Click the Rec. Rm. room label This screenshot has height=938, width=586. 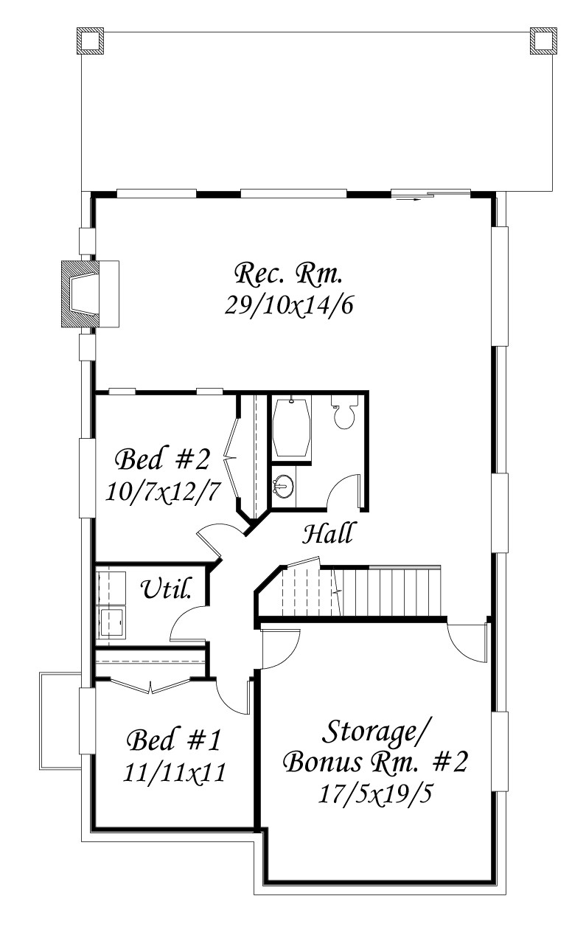pos(288,274)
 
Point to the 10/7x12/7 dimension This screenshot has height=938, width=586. pos(162,491)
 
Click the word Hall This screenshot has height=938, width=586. pos(327,533)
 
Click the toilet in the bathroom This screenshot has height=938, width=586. pos(345,412)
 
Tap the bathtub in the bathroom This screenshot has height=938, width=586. pos(292,428)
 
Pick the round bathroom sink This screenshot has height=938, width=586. pos(284,486)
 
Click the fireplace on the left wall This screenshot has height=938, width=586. pos(90,293)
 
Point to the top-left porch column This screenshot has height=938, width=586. pos(90,41)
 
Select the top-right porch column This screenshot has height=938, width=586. pos(543,41)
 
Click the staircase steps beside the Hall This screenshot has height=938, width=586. pos(360,591)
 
